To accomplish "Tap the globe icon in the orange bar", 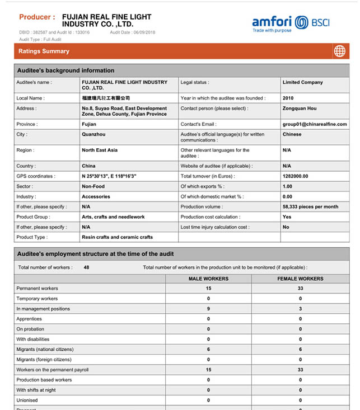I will coord(339,51).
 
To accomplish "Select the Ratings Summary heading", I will coord(44,51).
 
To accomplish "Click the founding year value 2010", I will coord(288,98).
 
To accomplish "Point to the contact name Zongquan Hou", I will coord(300,109).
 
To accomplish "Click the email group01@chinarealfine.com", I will coord(315,124).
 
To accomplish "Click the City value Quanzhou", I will coord(93,135).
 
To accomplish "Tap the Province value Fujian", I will coord(89,124).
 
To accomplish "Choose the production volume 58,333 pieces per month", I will coord(310,207).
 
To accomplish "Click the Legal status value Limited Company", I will coord(302,82).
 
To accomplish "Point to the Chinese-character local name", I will coord(105,98).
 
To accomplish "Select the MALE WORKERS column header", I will coord(208,279).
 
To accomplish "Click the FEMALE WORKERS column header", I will coord(300,279).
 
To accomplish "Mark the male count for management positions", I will coord(208,309).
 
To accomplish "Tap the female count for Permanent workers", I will coord(300,289).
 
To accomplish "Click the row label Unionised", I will coord(27,400).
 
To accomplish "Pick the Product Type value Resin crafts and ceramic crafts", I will coord(117,237).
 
